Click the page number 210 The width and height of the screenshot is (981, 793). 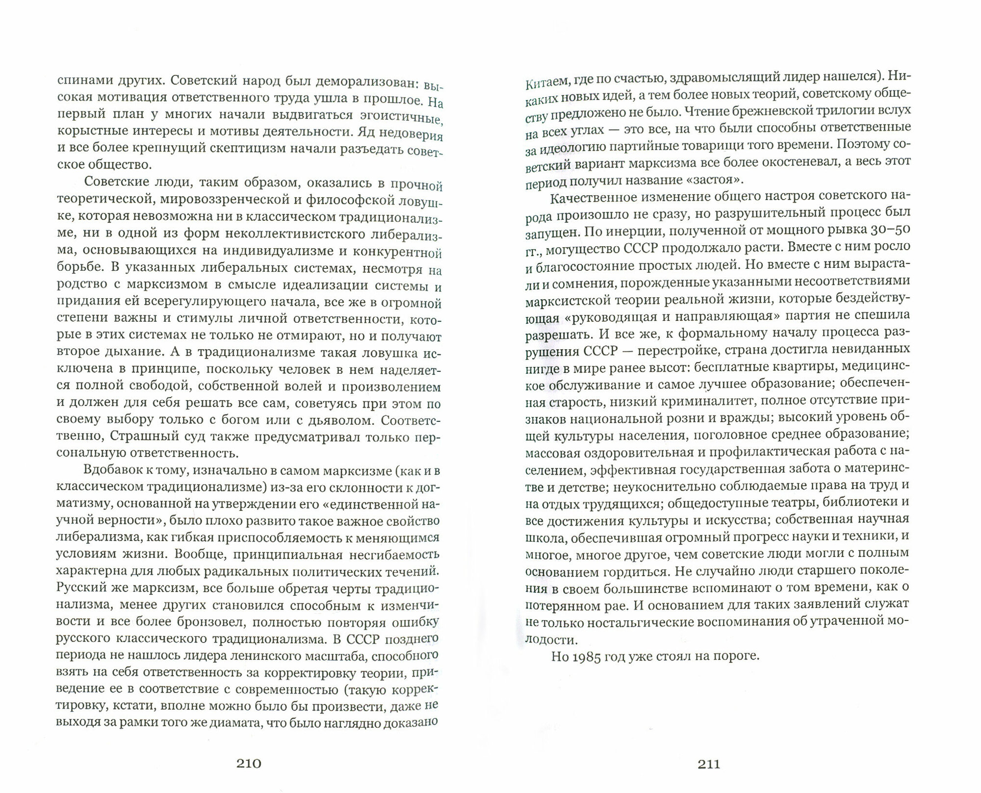[249, 763]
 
